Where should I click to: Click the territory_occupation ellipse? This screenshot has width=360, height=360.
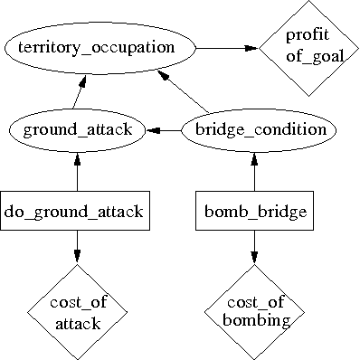101,48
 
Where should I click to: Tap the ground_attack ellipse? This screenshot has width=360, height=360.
77,130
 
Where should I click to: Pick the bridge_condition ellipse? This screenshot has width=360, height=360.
254,130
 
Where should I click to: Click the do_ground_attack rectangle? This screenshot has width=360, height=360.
77,213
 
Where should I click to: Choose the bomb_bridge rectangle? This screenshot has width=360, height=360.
254,213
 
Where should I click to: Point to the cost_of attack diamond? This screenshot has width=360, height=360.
77,310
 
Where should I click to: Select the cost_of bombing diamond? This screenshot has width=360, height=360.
254,310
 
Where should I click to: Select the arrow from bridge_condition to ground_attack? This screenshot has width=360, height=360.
164,130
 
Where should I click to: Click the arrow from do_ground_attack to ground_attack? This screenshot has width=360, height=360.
77,172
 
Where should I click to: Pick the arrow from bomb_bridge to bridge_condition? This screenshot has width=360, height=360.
254,172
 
